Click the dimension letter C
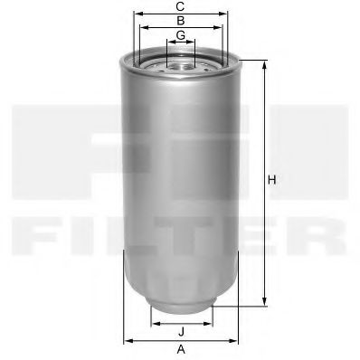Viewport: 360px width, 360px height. (181, 6)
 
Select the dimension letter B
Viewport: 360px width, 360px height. (181, 20)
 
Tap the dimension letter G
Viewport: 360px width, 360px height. (181, 34)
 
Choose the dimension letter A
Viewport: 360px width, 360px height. (181, 348)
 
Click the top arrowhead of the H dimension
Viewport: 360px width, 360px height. (265, 64)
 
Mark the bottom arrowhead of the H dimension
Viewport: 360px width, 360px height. (265, 303)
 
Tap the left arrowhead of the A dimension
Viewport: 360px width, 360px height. (127, 340)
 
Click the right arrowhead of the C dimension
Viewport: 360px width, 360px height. (227, 14)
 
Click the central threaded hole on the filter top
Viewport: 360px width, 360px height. (181, 63)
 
